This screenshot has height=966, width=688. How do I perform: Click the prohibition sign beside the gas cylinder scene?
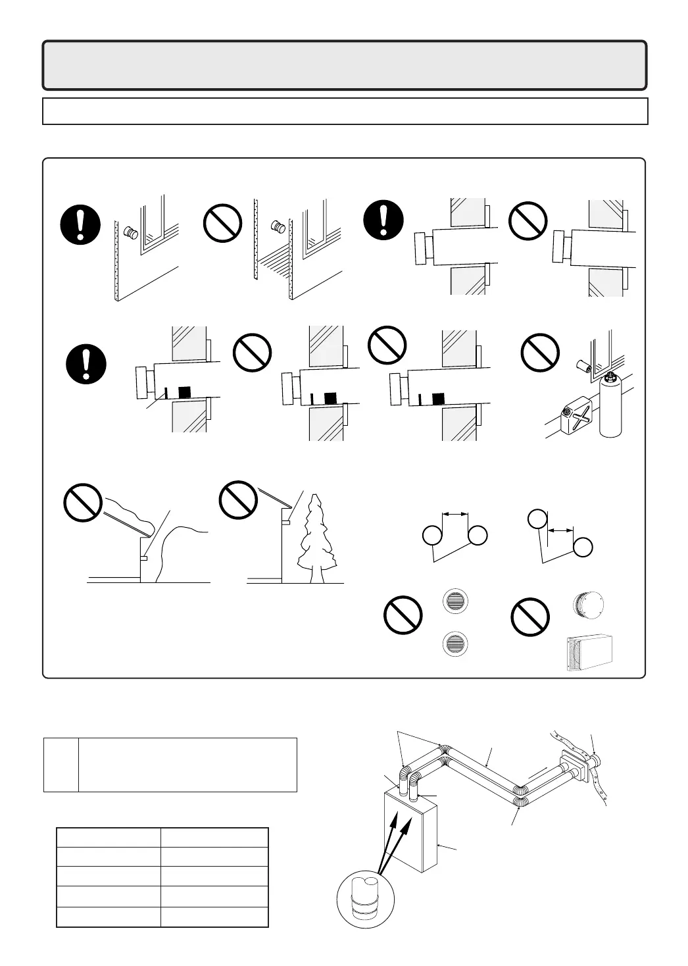[540, 353]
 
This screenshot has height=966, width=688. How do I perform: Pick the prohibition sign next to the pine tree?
[237, 499]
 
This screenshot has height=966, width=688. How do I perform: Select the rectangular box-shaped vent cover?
[590, 652]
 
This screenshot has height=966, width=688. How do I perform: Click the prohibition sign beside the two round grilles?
[403, 615]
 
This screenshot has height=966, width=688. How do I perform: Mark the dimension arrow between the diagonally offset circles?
[561, 530]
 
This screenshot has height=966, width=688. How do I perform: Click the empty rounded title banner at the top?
[345, 65]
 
